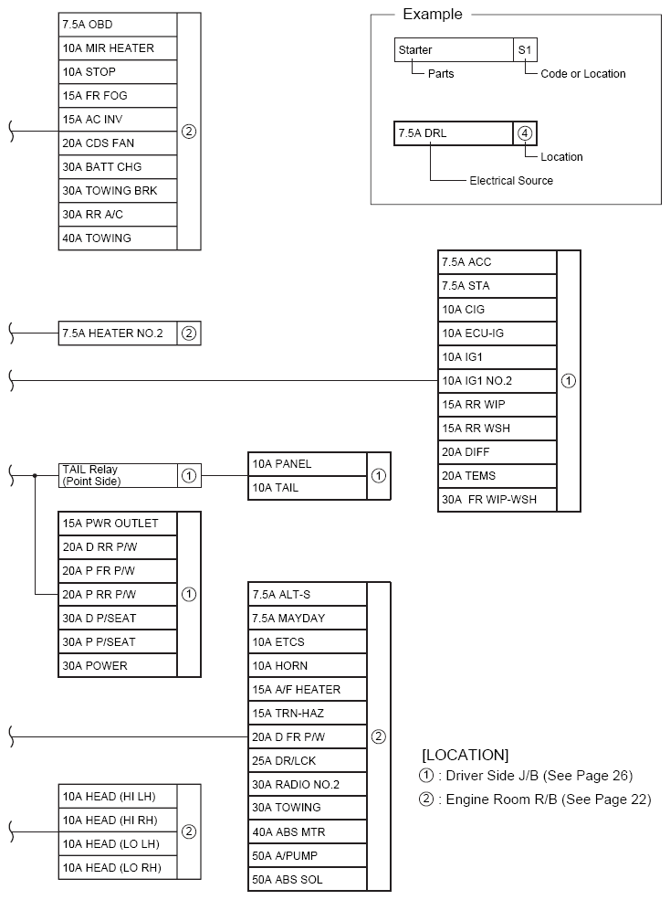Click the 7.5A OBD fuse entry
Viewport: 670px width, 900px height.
(x=117, y=25)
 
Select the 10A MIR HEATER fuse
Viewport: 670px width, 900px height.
(x=117, y=48)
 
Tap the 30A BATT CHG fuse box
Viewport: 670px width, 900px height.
(x=117, y=167)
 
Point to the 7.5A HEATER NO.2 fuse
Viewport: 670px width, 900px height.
(x=117, y=334)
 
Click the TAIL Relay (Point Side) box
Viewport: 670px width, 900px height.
(x=117, y=476)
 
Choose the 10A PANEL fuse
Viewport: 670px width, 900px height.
(x=307, y=464)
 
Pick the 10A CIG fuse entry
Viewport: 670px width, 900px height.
(x=497, y=310)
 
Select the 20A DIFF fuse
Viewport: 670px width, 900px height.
(x=497, y=452)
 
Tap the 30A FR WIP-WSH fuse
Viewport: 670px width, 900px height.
(x=497, y=500)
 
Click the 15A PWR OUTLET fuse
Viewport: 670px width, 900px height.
(x=117, y=524)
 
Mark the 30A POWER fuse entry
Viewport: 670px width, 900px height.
(x=117, y=666)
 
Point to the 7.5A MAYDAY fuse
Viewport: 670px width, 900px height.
(x=307, y=619)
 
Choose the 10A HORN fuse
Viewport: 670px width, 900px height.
(x=307, y=666)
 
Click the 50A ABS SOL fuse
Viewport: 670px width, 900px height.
(x=307, y=880)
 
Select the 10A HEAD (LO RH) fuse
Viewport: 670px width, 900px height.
(x=117, y=868)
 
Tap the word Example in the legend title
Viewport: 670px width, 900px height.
(x=433, y=15)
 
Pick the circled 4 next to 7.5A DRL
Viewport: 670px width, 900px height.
(x=526, y=133)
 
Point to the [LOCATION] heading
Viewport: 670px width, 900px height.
(x=465, y=755)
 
